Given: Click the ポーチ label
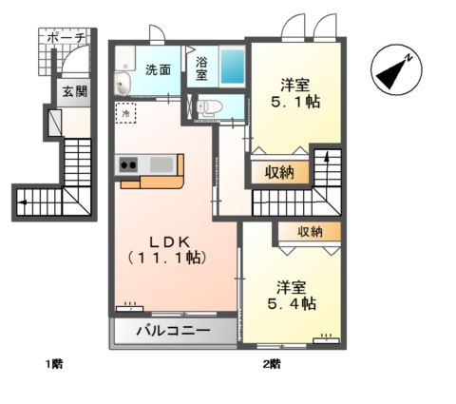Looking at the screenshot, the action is (66, 38).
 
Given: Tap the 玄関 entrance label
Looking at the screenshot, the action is (74, 92).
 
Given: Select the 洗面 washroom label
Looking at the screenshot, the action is (158, 69).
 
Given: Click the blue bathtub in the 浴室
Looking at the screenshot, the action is (233, 67).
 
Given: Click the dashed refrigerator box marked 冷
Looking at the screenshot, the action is (125, 112).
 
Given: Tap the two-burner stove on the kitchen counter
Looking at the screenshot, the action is (128, 164).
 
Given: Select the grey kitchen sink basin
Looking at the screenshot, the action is (161, 164).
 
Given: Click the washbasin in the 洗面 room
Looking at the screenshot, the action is (123, 84).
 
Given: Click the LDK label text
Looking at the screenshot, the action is (169, 242).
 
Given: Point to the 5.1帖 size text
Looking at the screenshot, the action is (295, 102).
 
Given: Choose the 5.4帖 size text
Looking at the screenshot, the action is (292, 304).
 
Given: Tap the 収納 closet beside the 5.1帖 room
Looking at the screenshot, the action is (279, 172).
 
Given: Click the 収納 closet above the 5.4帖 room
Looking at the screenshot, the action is (310, 232).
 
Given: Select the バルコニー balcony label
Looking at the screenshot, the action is (174, 331).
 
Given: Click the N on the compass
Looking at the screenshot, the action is (409, 58).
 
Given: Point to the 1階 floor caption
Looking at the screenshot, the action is (54, 364).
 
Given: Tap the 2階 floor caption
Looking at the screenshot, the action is (272, 364).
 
